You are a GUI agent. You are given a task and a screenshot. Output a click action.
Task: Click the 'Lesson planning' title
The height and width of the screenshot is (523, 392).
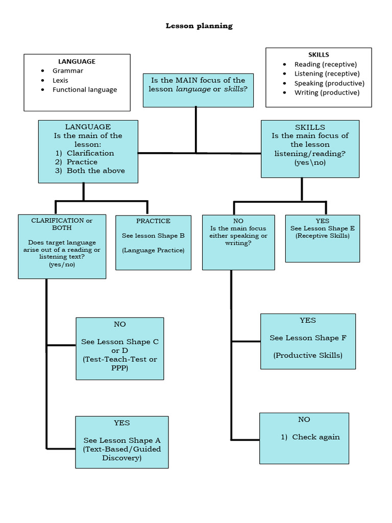[x=199, y=26]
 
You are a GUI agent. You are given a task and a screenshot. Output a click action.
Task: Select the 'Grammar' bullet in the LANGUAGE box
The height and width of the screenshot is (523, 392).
[x=67, y=71]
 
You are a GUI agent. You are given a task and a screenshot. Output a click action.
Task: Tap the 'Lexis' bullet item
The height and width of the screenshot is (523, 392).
[x=60, y=80]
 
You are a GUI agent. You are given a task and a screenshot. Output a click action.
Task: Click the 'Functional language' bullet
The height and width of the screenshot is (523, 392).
[x=84, y=90]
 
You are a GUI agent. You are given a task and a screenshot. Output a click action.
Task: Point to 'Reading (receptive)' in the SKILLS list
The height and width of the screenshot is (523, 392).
[x=321, y=64]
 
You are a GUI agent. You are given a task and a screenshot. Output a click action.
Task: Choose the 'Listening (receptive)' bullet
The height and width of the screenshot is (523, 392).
[x=327, y=74]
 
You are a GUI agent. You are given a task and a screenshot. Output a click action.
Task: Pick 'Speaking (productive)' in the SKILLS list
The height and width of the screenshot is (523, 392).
[x=329, y=83]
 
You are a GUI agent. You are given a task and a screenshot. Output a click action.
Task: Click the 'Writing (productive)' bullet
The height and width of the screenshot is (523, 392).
[x=327, y=92]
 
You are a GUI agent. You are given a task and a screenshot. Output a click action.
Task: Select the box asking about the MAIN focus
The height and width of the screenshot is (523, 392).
[x=198, y=90]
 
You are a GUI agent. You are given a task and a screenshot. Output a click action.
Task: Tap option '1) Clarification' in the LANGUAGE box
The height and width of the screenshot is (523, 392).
[x=85, y=153]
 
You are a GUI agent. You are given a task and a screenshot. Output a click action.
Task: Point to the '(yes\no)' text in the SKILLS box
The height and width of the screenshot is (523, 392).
[x=310, y=162]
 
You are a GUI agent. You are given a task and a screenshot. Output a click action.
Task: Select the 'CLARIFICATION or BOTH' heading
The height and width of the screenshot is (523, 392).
[x=62, y=224]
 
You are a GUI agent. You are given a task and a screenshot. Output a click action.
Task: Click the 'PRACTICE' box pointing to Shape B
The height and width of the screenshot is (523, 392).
[x=153, y=242]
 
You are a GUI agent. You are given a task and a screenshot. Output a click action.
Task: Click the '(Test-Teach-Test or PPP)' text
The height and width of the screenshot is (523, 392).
[x=120, y=364]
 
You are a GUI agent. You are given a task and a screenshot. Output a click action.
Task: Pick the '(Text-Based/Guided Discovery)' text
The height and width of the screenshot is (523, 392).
[x=121, y=454]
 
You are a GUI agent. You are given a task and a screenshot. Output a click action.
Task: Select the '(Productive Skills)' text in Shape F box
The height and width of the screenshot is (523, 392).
[x=308, y=355]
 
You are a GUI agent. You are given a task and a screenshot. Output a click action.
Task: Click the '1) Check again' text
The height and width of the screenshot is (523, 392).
[x=310, y=437]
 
